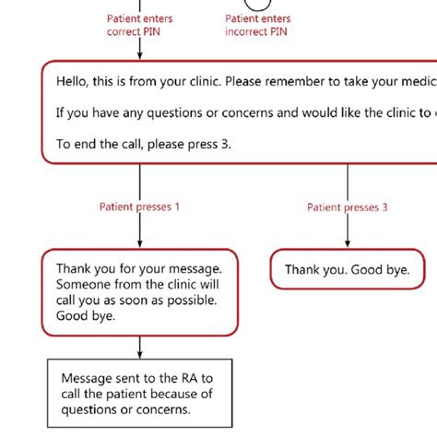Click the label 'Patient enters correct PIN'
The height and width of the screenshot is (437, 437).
[139, 25]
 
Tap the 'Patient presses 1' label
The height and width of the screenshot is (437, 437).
[139, 207]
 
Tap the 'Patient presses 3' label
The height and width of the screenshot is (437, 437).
[348, 207]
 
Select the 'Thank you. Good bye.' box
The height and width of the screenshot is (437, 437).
[347, 269]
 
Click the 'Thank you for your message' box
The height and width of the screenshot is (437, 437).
[139, 290]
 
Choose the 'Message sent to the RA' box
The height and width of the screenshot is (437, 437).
[139, 394]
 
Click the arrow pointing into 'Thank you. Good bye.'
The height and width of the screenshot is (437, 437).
[348, 242]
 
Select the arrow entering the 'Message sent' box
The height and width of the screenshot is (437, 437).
[139, 352]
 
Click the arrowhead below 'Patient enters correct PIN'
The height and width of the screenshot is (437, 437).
[139, 57]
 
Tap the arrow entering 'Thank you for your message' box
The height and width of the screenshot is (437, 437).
[139, 242]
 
